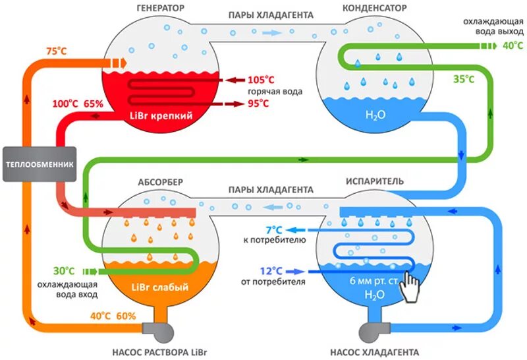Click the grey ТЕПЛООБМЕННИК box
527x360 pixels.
[x=40, y=164]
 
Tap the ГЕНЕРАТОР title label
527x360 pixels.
[x=160, y=7]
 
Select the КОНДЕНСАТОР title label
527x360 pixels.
[x=374, y=7]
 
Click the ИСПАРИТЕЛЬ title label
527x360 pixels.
[x=374, y=181]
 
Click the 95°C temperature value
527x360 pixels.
[x=258, y=104]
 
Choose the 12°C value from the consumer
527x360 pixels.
[x=271, y=271]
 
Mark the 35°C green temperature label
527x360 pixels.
[x=463, y=79]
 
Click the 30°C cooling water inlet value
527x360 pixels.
[x=63, y=271]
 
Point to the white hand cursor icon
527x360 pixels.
[x=411, y=287]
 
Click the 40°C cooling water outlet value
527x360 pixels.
[x=511, y=45]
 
